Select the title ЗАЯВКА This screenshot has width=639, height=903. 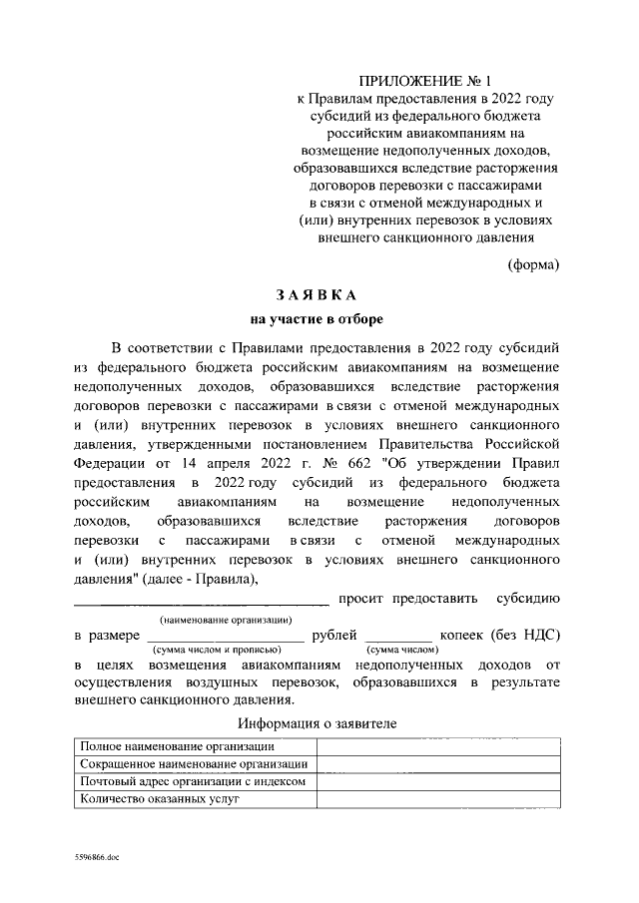(x=316, y=295)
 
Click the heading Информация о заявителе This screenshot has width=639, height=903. (x=318, y=722)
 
